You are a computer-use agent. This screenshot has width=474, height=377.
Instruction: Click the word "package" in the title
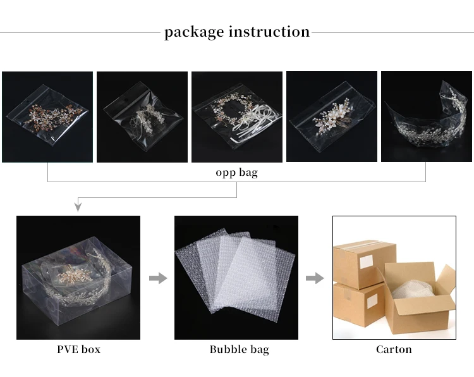click(193, 32)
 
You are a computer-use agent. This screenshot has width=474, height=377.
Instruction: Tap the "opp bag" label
click(236, 172)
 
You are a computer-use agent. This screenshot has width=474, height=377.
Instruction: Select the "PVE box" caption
click(78, 349)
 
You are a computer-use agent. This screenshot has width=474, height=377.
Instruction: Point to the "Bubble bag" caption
click(239, 349)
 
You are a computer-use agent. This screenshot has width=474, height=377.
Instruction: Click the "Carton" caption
click(394, 349)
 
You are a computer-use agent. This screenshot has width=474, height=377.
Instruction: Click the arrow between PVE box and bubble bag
click(157, 278)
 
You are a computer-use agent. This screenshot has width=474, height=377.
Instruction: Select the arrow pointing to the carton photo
click(315, 278)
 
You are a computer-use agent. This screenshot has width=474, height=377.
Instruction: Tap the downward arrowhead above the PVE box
click(78, 206)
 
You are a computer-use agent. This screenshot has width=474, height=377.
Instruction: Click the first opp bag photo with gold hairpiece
click(47, 117)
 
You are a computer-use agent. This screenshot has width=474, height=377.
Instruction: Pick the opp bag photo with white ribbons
click(237, 117)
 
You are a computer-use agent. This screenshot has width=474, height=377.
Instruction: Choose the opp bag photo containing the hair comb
click(332, 117)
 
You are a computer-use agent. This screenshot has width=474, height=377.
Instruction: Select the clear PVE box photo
click(78, 278)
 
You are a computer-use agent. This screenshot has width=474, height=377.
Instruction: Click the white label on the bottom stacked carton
click(372, 301)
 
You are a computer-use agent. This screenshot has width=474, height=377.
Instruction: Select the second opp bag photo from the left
click(142, 117)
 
